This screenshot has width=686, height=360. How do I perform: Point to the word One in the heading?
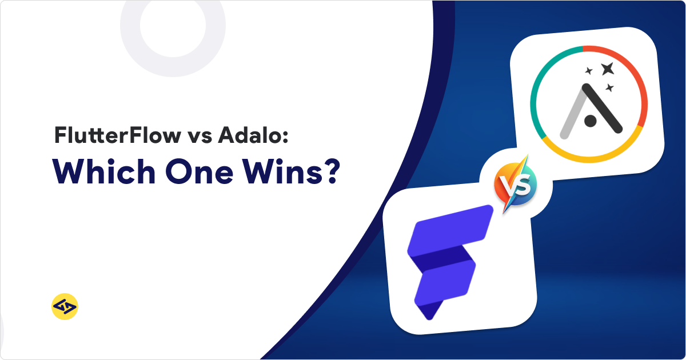[x=197, y=171]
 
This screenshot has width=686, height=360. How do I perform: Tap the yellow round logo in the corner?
[x=64, y=307]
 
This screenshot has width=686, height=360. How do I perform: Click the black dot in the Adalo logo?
[x=591, y=120]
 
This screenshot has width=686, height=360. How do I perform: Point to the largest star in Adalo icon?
[x=607, y=69]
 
